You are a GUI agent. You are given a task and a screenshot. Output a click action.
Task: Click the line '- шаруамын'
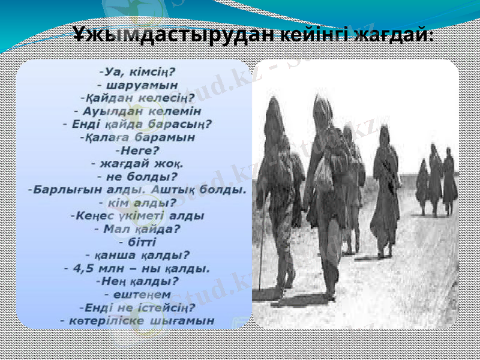tap(137, 85)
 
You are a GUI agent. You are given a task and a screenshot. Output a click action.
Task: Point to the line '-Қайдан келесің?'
tap(137, 98)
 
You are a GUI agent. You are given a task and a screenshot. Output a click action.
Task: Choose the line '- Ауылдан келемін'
tap(137, 111)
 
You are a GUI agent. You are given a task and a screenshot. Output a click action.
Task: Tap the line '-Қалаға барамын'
tap(137, 137)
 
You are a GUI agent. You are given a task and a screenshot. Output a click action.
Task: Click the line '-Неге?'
tap(137, 150)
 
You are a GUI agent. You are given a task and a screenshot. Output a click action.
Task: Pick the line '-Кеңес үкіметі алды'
tap(137, 215)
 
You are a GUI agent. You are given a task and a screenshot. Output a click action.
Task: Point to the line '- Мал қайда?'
tap(137, 228)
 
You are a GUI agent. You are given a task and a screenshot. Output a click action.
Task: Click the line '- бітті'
tap(137, 241)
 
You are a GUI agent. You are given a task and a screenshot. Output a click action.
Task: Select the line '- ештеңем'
tap(137, 294)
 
